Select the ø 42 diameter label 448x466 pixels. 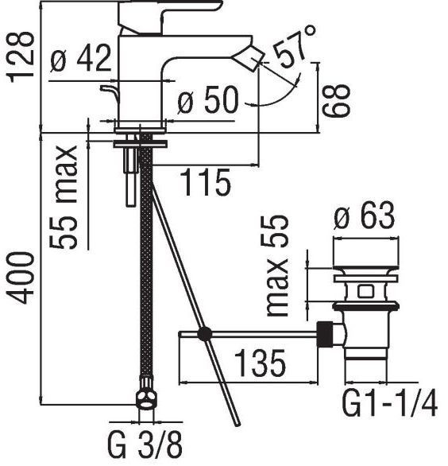click(x=79, y=61)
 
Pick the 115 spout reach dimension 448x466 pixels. click(x=205, y=183)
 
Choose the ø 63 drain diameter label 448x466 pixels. click(x=363, y=216)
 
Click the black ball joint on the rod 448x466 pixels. click(x=205, y=335)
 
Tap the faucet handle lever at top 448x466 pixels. click(x=171, y=8)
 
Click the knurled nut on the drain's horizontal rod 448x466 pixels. click(x=325, y=333)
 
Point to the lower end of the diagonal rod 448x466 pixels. click(x=236, y=421)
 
